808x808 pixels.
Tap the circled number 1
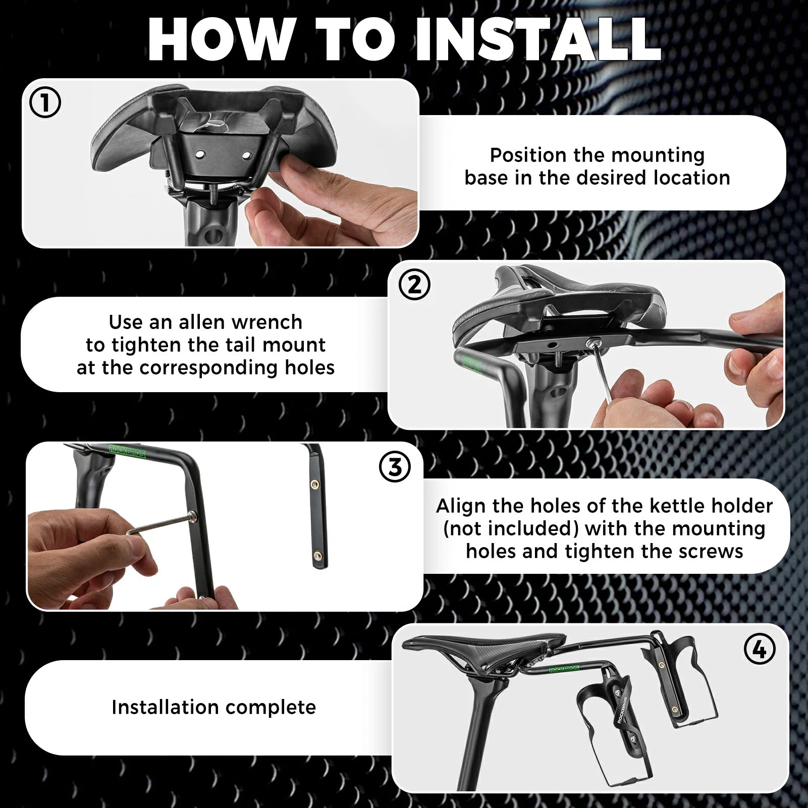pyautogui.click(x=45, y=103)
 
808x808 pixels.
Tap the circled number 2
pyautogui.click(x=414, y=285)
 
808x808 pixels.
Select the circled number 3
pyautogui.click(x=395, y=467)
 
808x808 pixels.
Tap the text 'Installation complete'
pyautogui.click(x=213, y=707)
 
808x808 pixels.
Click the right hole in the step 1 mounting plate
pyautogui.click(x=247, y=153)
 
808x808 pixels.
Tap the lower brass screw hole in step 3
pyautogui.click(x=317, y=556)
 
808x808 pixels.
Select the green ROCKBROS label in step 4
pyautogui.click(x=564, y=669)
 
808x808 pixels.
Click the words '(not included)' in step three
pyautogui.click(x=511, y=528)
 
